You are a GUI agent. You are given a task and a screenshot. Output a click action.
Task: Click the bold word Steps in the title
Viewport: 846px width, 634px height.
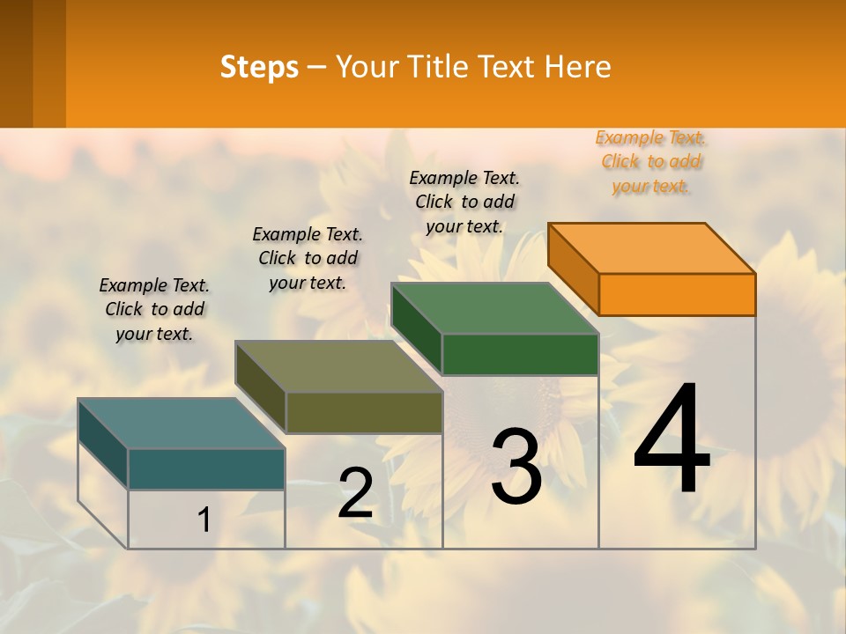click(259, 67)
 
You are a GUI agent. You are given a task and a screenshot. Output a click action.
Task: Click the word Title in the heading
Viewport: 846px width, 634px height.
click(440, 67)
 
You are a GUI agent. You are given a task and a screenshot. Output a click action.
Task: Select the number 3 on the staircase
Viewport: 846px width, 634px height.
click(516, 467)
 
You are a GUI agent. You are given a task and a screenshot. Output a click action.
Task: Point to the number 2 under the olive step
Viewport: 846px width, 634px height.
click(355, 493)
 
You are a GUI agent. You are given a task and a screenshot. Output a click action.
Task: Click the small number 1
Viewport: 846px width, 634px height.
click(204, 520)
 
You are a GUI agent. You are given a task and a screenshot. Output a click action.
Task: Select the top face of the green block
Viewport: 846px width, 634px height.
click(495, 308)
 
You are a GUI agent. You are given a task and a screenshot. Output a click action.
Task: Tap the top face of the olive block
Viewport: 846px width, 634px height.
click(338, 366)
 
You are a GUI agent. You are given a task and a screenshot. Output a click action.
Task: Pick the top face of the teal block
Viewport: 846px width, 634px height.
click(182, 424)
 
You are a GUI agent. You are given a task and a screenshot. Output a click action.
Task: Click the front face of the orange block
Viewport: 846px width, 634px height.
click(677, 294)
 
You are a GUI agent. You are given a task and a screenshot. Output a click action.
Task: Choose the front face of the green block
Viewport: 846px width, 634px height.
click(520, 354)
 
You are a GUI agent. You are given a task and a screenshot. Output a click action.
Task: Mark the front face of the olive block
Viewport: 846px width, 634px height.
click(364, 412)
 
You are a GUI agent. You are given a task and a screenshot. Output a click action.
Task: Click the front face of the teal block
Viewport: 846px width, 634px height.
click(206, 468)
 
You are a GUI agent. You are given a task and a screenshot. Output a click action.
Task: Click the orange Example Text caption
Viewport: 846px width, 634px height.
click(651, 162)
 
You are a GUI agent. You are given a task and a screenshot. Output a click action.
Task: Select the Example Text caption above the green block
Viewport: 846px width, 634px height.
click(464, 202)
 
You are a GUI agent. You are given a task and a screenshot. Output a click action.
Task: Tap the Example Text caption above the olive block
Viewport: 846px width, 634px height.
click(308, 258)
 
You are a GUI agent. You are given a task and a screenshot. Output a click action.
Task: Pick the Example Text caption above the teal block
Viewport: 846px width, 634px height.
click(154, 309)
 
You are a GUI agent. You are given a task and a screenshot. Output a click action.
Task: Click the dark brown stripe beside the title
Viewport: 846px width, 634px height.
click(16, 63)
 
